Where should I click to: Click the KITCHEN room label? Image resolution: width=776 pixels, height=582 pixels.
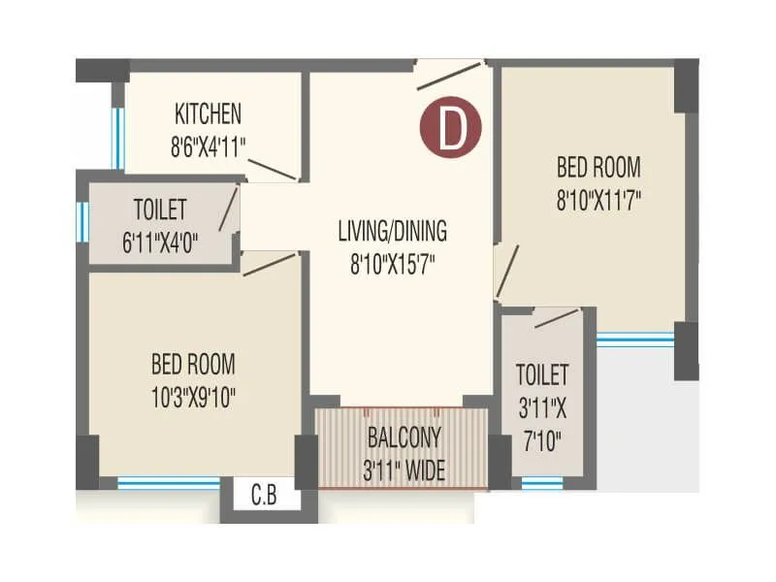(x=208, y=113)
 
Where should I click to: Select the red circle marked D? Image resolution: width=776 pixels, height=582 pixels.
(x=451, y=129)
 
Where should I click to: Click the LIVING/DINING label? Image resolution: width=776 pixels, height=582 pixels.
(x=392, y=231)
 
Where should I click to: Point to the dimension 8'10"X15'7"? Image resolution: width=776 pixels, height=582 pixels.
(x=392, y=263)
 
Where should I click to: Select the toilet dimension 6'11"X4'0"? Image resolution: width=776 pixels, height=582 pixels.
(x=160, y=242)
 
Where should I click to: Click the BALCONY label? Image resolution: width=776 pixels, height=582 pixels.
(x=404, y=436)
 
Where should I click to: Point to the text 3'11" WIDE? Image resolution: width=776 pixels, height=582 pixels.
(x=404, y=471)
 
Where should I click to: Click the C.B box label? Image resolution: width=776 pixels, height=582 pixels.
(x=264, y=500)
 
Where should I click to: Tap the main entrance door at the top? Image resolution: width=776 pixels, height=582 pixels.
(x=449, y=76)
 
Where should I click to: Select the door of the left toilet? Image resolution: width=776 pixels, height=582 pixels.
(x=228, y=209)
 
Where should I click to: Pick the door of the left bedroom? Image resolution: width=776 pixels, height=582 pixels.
(x=269, y=263)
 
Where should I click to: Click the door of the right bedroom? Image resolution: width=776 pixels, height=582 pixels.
(x=506, y=271)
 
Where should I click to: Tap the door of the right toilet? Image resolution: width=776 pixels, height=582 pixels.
(x=556, y=318)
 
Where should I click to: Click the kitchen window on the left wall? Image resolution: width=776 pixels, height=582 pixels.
(x=118, y=137)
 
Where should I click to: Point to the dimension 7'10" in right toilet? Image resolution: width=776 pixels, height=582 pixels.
(x=541, y=442)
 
